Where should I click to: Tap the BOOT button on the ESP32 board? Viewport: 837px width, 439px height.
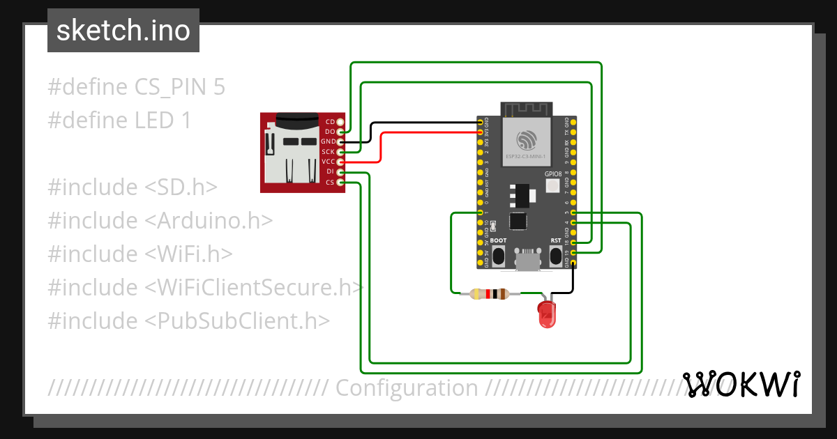click(499, 256)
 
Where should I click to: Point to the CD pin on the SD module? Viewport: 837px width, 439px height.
click(340, 122)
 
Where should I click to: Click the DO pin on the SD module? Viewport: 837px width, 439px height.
click(340, 132)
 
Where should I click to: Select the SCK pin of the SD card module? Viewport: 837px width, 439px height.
click(340, 152)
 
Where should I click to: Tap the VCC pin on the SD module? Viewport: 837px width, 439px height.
click(340, 162)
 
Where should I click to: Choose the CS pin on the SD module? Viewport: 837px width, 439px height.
click(340, 183)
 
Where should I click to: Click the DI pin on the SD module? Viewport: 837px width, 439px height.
click(340, 172)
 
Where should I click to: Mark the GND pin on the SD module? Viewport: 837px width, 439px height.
click(340, 141)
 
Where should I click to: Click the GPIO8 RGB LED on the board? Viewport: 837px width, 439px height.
click(552, 185)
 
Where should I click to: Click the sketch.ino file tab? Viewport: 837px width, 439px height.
click(123, 31)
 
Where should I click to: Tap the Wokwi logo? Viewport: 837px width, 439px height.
click(741, 385)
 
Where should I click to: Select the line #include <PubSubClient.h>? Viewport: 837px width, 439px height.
click(188, 321)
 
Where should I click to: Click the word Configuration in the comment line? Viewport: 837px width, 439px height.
click(407, 388)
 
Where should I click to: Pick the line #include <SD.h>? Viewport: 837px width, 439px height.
click(133, 187)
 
